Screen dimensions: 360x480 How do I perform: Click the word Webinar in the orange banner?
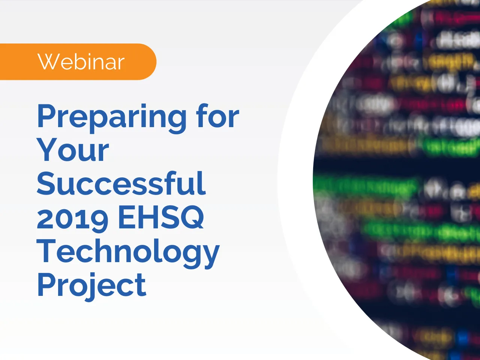coord(81,62)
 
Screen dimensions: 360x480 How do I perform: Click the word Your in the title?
coord(73,150)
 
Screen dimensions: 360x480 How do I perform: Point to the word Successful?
coord(121,184)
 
